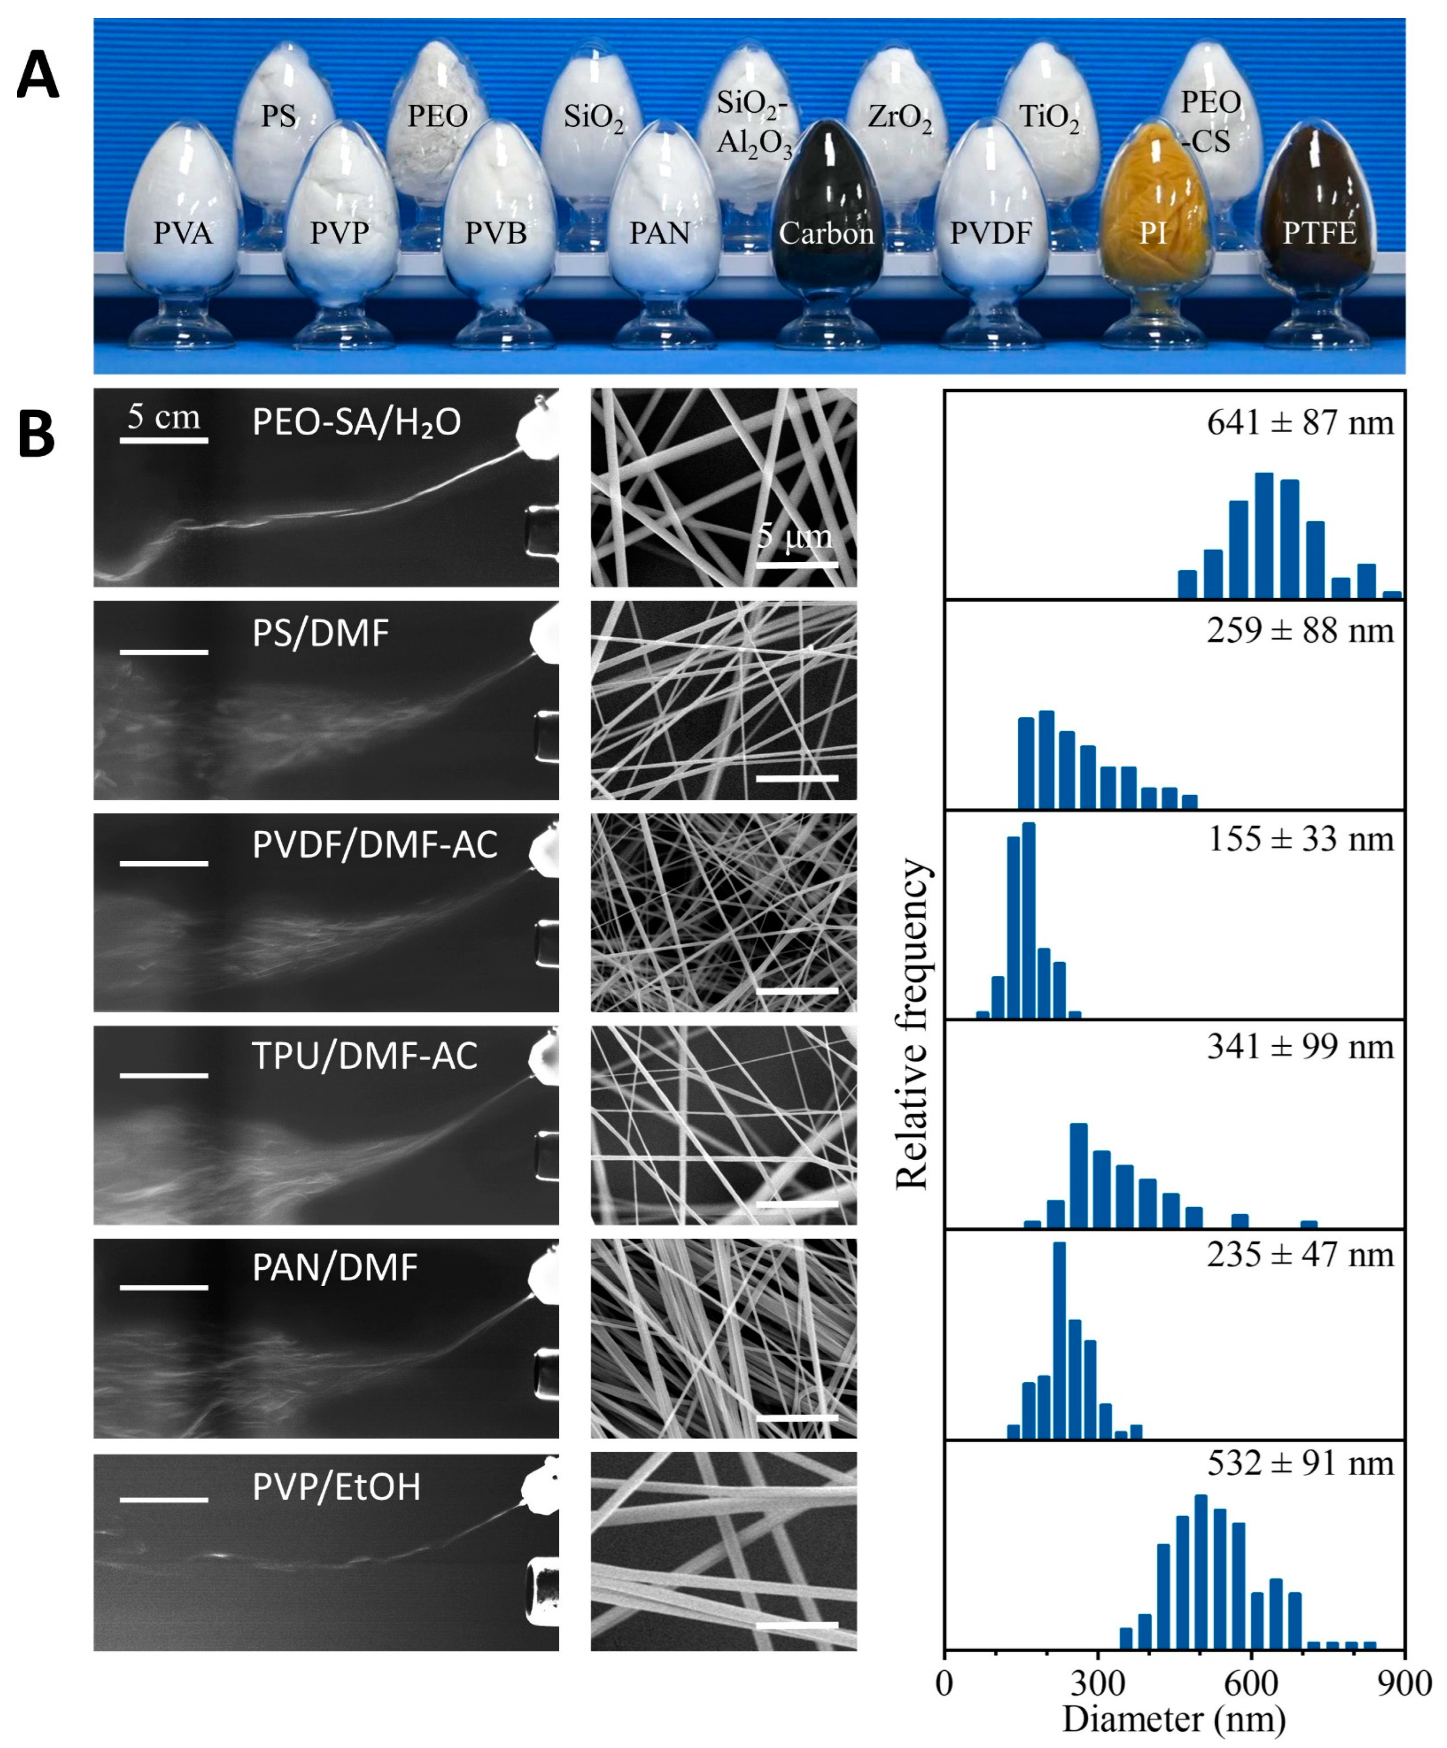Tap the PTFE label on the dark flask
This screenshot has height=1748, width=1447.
pyautogui.click(x=1320, y=233)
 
